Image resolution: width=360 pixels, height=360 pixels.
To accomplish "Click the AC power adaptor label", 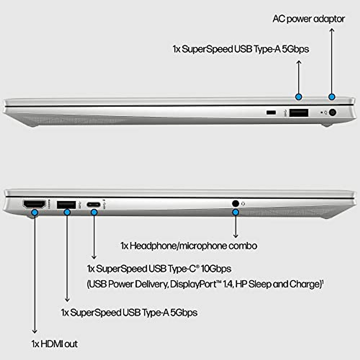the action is (309, 19).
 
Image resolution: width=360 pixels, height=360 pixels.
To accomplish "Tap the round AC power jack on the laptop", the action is (332, 113).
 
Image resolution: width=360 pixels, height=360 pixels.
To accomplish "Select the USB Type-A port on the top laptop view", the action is (299, 113).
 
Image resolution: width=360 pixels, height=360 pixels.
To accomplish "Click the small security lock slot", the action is (271, 112).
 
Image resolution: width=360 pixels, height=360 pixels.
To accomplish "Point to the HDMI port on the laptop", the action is (34, 204).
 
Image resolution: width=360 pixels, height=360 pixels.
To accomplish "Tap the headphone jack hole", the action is (235, 203).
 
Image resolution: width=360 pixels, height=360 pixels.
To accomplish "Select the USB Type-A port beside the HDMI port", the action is (66, 204).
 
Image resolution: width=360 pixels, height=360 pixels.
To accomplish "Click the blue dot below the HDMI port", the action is (35, 212).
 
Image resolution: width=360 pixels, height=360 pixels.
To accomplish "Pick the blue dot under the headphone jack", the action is (236, 212).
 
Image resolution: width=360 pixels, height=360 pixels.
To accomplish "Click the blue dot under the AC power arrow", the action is (331, 97).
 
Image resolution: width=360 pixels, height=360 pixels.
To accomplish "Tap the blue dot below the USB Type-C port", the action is (94, 212).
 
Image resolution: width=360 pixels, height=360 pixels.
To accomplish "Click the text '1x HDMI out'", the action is (55, 344).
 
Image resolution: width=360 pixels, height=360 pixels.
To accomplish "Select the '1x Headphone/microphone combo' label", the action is (189, 246).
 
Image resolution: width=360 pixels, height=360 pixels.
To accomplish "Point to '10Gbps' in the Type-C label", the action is (216, 268).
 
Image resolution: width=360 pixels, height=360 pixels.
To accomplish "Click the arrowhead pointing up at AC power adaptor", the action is (331, 30).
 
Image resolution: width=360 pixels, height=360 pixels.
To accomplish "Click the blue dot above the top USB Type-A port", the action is (298, 97).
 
